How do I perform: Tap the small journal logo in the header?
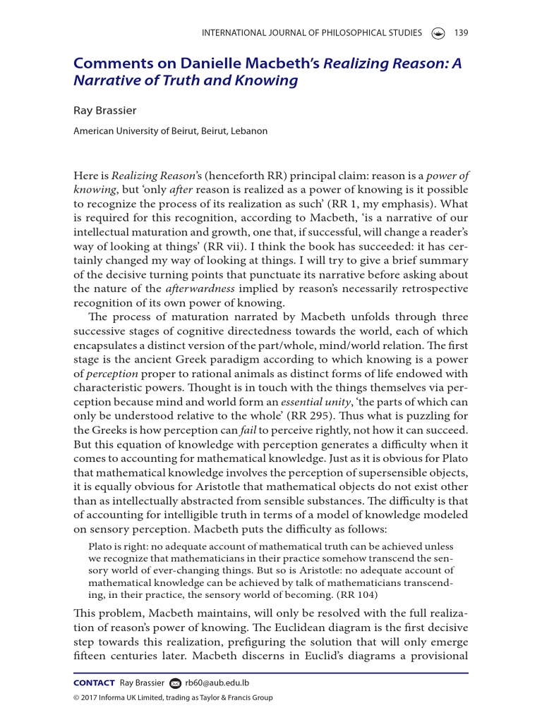tap(438, 33)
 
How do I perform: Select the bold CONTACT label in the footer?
tap(94, 683)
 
